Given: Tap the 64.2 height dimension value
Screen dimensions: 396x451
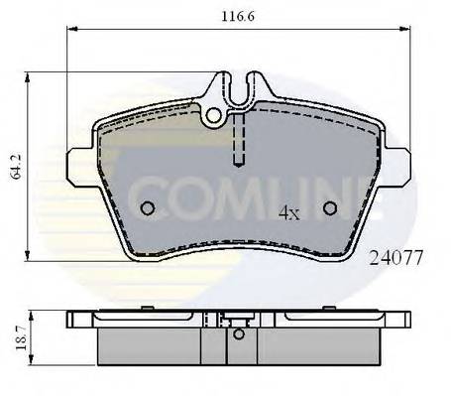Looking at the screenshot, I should click(12, 164).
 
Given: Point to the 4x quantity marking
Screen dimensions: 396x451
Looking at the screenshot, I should click(288, 212).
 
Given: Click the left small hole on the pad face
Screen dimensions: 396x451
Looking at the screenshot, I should click(147, 208).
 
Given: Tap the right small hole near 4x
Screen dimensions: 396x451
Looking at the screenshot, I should click(331, 208).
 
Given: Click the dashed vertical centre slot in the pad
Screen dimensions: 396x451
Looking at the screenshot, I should click(237, 139).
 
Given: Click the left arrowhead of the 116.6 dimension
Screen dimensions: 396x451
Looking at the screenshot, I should click(71, 31).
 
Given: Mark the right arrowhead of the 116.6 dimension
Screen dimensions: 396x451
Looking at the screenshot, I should click(405, 31).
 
